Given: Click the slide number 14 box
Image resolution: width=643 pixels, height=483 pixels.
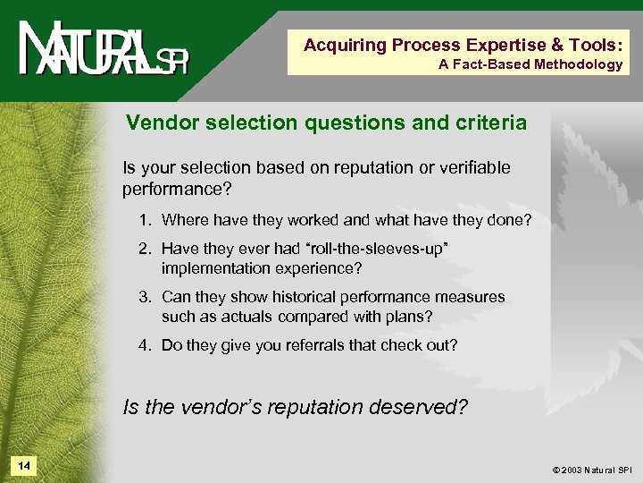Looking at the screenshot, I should tap(23, 466).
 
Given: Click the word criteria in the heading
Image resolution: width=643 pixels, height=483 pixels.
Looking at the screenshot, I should tap(489, 123).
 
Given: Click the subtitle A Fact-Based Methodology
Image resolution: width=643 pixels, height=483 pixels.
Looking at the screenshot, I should tap(530, 64).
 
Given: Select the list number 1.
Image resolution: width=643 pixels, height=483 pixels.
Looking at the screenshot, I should tap(145, 220).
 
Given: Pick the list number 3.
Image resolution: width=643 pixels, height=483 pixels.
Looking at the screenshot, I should tap(145, 297).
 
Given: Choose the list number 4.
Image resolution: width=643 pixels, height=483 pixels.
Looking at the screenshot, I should tap(145, 344).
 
